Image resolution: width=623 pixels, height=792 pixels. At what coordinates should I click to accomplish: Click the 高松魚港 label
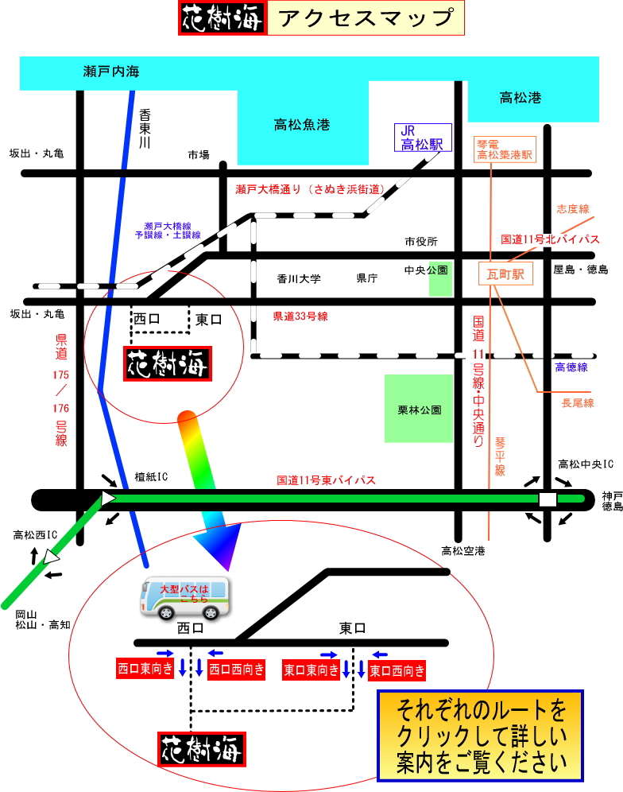(301, 125)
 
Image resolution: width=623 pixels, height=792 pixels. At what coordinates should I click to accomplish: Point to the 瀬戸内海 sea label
(111, 72)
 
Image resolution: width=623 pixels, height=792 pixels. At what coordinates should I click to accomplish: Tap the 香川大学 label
(299, 279)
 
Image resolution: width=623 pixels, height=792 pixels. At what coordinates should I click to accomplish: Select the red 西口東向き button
(145, 669)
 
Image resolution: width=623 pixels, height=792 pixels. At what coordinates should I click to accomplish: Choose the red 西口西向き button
(237, 670)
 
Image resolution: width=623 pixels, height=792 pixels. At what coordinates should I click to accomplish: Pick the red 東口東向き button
(311, 670)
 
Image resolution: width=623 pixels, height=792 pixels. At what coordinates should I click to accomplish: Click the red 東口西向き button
(397, 670)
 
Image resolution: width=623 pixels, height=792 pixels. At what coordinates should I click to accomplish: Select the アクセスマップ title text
(366, 17)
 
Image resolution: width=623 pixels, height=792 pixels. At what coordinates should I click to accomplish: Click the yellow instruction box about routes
(481, 736)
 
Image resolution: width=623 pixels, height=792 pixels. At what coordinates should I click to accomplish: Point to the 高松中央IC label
(586, 464)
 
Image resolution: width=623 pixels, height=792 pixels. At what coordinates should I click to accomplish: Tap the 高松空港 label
(463, 551)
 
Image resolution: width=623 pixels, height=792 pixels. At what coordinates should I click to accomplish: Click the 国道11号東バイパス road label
(325, 480)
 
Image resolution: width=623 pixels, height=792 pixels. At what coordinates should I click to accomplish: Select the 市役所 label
(420, 242)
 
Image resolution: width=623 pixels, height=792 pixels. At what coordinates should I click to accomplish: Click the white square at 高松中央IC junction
(548, 499)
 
